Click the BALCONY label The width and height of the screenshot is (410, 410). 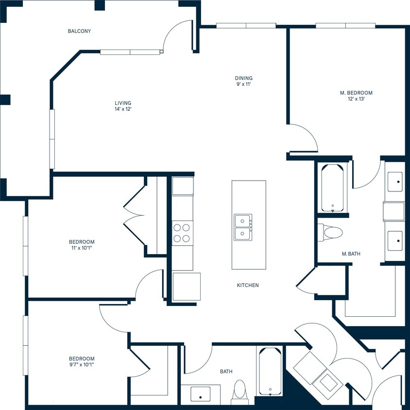pyautogui.click(x=79, y=31)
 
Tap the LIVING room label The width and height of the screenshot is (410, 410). pyautogui.click(x=123, y=103)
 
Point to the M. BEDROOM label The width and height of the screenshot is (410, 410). pyautogui.click(x=356, y=92)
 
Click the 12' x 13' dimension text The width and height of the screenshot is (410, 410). pyautogui.click(x=356, y=99)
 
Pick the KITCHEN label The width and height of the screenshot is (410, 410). pyautogui.click(x=248, y=285)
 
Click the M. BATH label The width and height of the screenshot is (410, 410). pyautogui.click(x=351, y=254)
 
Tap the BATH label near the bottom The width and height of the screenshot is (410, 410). pyautogui.click(x=226, y=372)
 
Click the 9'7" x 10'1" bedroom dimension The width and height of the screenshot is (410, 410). pyautogui.click(x=82, y=365)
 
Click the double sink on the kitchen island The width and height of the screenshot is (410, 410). pyautogui.click(x=243, y=227)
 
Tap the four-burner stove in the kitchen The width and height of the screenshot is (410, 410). pyautogui.click(x=182, y=232)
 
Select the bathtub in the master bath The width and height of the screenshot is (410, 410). pyautogui.click(x=333, y=188)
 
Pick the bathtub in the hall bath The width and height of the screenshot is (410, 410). pyautogui.click(x=270, y=372)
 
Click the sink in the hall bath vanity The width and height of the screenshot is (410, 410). pyautogui.click(x=201, y=394)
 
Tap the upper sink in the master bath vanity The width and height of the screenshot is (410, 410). pyautogui.click(x=394, y=182)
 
